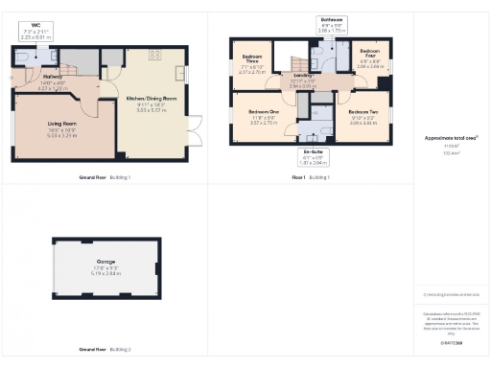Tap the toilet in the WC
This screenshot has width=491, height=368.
click(22, 57)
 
